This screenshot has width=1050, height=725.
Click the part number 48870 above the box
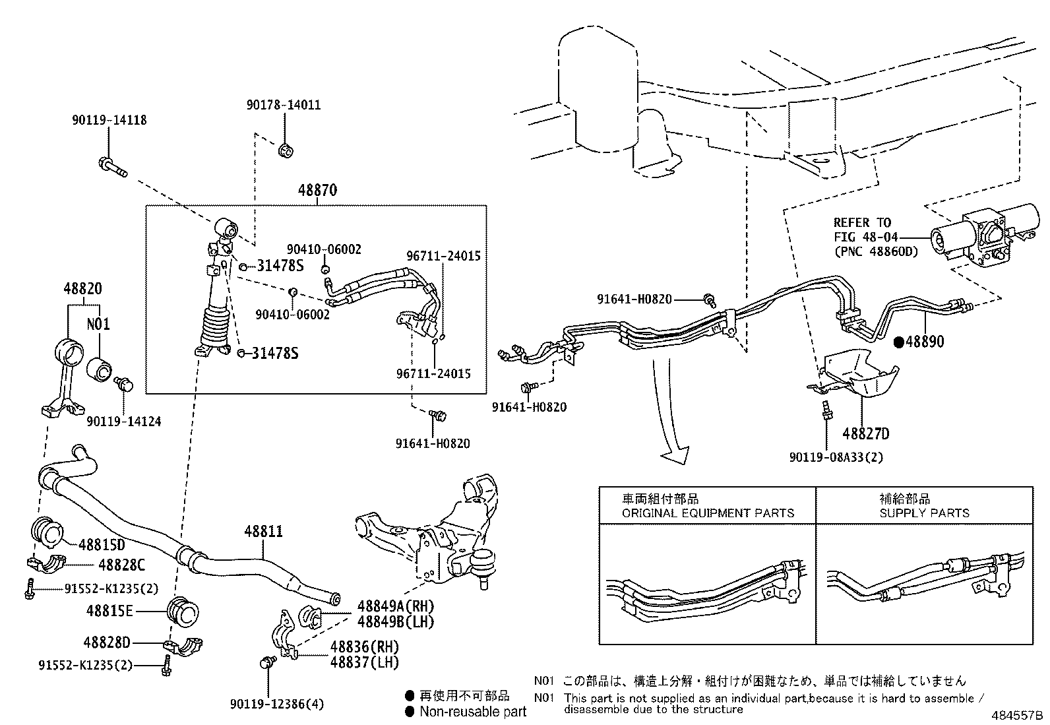pos(317,191)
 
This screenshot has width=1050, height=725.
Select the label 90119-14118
pos(109,120)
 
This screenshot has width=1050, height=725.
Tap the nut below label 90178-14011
pos(286,151)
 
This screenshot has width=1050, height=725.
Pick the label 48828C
pos(121,565)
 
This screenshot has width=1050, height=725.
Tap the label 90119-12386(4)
pos(277,705)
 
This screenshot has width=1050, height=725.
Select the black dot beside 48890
pos(899,342)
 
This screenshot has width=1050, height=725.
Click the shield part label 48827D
pos(865,433)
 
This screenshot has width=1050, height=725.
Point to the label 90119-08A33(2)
pos(836,457)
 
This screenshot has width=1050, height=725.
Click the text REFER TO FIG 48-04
pos(862,230)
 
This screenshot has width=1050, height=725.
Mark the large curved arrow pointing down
pos(669,422)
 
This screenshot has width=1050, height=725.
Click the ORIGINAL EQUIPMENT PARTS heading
pos(708,513)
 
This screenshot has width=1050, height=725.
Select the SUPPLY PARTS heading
pos(924,513)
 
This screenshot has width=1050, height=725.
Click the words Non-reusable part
pos(473,711)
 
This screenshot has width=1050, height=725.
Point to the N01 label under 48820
pos(98,324)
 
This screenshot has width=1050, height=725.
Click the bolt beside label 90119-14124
pos(123,384)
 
